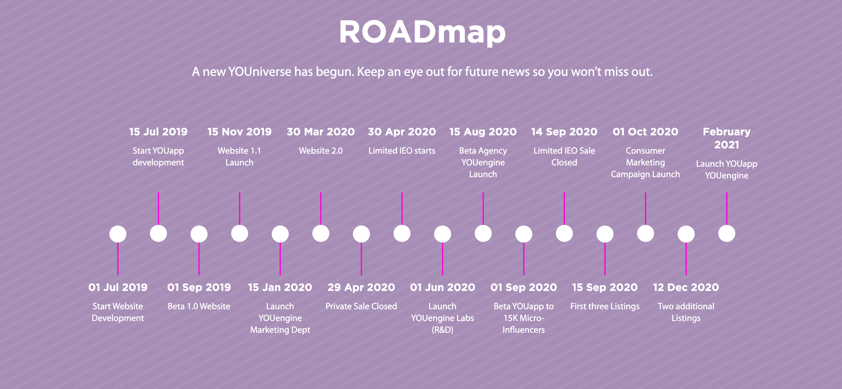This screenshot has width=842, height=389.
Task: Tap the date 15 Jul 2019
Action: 158,132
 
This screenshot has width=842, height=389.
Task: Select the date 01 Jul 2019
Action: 118,287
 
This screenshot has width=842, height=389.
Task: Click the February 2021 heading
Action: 726,138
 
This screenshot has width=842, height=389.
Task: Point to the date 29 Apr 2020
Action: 361,287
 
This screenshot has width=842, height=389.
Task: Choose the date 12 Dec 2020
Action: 686,287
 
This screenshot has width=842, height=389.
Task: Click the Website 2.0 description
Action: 320,151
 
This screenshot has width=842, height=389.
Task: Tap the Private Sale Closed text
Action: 361,306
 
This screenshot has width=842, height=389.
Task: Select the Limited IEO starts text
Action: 402,151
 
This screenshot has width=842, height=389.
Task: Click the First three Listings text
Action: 605,306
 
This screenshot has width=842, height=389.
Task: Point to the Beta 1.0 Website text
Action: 199,306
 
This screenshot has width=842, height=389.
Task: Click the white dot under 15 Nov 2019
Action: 240,233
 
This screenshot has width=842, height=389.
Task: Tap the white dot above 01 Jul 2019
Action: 118,234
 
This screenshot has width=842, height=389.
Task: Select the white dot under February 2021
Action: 727,233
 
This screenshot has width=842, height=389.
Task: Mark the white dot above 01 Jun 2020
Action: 443,234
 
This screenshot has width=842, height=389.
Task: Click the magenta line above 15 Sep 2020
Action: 605,259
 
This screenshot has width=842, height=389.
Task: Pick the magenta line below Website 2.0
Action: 321,209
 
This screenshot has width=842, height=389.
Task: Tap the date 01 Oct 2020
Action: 645,132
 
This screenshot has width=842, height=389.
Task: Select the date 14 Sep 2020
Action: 564,132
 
